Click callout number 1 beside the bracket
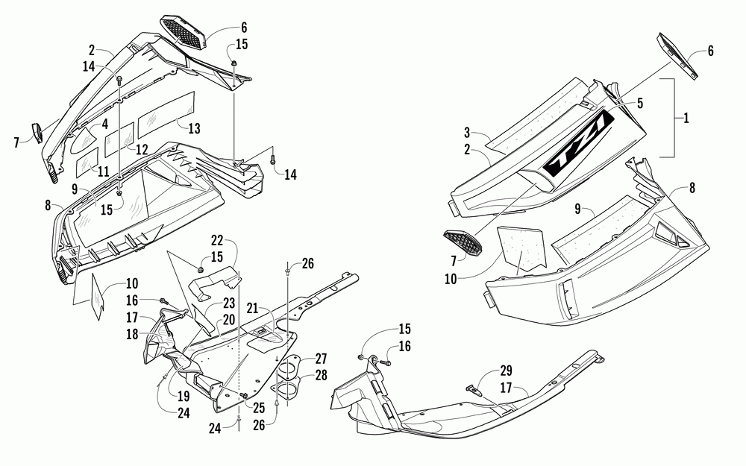(686, 118)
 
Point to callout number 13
(104, 123)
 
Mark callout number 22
(217, 241)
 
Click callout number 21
(253, 308)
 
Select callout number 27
(321, 358)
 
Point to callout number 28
(321, 374)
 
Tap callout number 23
(229, 303)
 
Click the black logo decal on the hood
(582, 153)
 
